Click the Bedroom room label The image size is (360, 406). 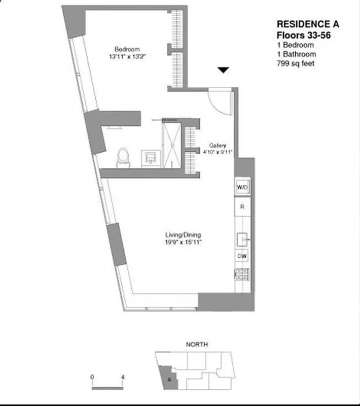(x=127, y=49)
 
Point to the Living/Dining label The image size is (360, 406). (x=183, y=234)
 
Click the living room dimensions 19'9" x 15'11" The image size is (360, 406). (x=183, y=242)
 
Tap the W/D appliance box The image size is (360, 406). (x=242, y=188)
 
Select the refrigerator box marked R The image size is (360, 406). (x=242, y=207)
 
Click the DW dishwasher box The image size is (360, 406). (x=242, y=256)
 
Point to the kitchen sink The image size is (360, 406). (x=242, y=239)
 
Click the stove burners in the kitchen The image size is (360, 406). (x=242, y=274)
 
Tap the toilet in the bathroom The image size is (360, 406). (x=122, y=158)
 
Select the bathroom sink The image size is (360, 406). (x=151, y=158)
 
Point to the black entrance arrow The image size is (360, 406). (x=223, y=71)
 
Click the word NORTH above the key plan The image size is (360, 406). (x=197, y=345)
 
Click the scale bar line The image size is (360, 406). (x=107, y=388)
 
